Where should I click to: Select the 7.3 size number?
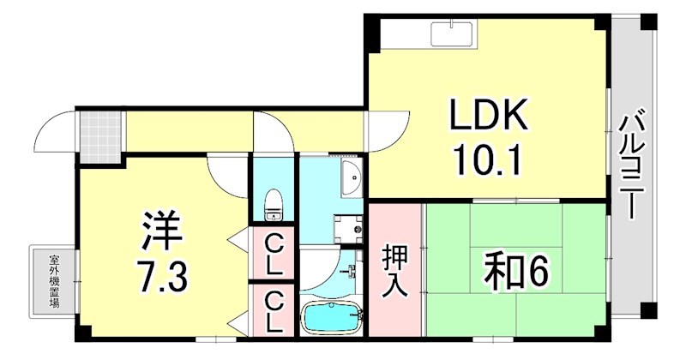point(160,276)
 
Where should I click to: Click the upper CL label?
point(274,255)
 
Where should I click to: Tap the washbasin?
point(350,178)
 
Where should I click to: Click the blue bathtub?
point(332,320)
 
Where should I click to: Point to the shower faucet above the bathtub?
point(352,273)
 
